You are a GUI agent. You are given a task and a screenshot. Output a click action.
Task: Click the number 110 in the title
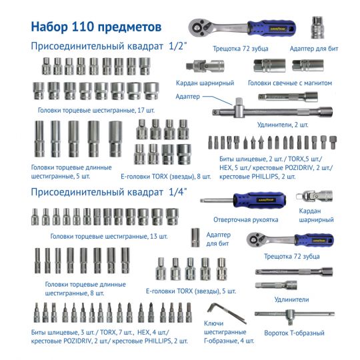coord(81,27)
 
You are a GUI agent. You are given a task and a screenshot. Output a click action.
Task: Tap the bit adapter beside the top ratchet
coord(317,27)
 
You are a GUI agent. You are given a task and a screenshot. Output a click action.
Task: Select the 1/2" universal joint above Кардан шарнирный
coord(205,66)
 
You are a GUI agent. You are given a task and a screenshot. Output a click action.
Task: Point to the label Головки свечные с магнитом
coord(290,83)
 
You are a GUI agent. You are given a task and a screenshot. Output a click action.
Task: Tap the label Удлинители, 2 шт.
coord(283,125)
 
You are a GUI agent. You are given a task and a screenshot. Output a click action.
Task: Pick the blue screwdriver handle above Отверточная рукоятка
coord(259,199)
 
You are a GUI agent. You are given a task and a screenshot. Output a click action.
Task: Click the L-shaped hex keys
coord(227,313)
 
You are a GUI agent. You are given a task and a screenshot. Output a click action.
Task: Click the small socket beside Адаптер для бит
coord(195,237)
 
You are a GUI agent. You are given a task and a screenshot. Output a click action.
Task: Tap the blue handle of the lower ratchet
coord(314,240)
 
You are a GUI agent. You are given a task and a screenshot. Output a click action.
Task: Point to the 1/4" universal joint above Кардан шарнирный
coord(314,197)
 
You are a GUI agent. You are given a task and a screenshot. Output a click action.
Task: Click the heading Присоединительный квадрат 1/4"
coord(109,192)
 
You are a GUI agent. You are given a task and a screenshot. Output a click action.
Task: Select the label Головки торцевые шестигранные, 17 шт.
coord(96,110)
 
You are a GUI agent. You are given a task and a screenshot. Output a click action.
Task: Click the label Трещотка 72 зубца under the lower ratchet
coord(291,256)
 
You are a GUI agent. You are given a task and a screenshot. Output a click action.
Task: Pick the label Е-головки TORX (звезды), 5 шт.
coord(191,291)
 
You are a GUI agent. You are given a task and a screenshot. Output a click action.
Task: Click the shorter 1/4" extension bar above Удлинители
coord(276,285)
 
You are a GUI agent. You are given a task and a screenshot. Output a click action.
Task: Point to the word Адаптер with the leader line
coord(187,97)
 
